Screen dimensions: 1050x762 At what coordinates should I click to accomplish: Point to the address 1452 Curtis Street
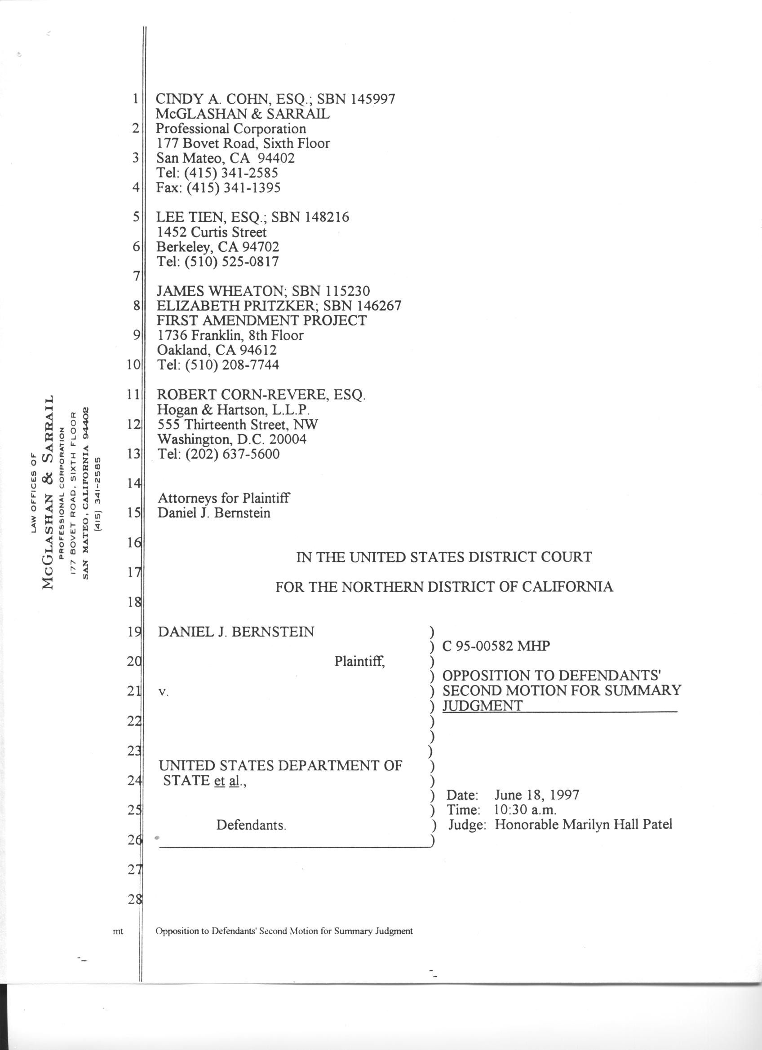(x=212, y=233)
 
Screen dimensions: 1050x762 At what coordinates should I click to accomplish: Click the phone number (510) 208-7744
(x=232, y=365)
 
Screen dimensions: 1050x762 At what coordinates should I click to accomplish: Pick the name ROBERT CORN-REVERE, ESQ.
(x=262, y=395)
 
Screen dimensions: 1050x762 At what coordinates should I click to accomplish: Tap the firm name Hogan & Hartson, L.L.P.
(x=234, y=410)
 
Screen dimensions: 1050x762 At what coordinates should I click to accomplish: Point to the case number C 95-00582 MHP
(x=496, y=647)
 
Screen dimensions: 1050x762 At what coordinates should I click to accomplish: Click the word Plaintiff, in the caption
(x=360, y=662)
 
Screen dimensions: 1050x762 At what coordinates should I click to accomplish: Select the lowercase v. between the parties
(x=162, y=693)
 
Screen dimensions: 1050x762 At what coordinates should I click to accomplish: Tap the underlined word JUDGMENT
(x=482, y=706)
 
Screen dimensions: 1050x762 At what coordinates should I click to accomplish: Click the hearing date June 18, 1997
(x=536, y=795)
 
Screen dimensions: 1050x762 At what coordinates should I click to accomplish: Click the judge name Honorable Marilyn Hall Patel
(x=583, y=825)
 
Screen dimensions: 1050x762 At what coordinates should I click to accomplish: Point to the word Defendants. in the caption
(x=251, y=826)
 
